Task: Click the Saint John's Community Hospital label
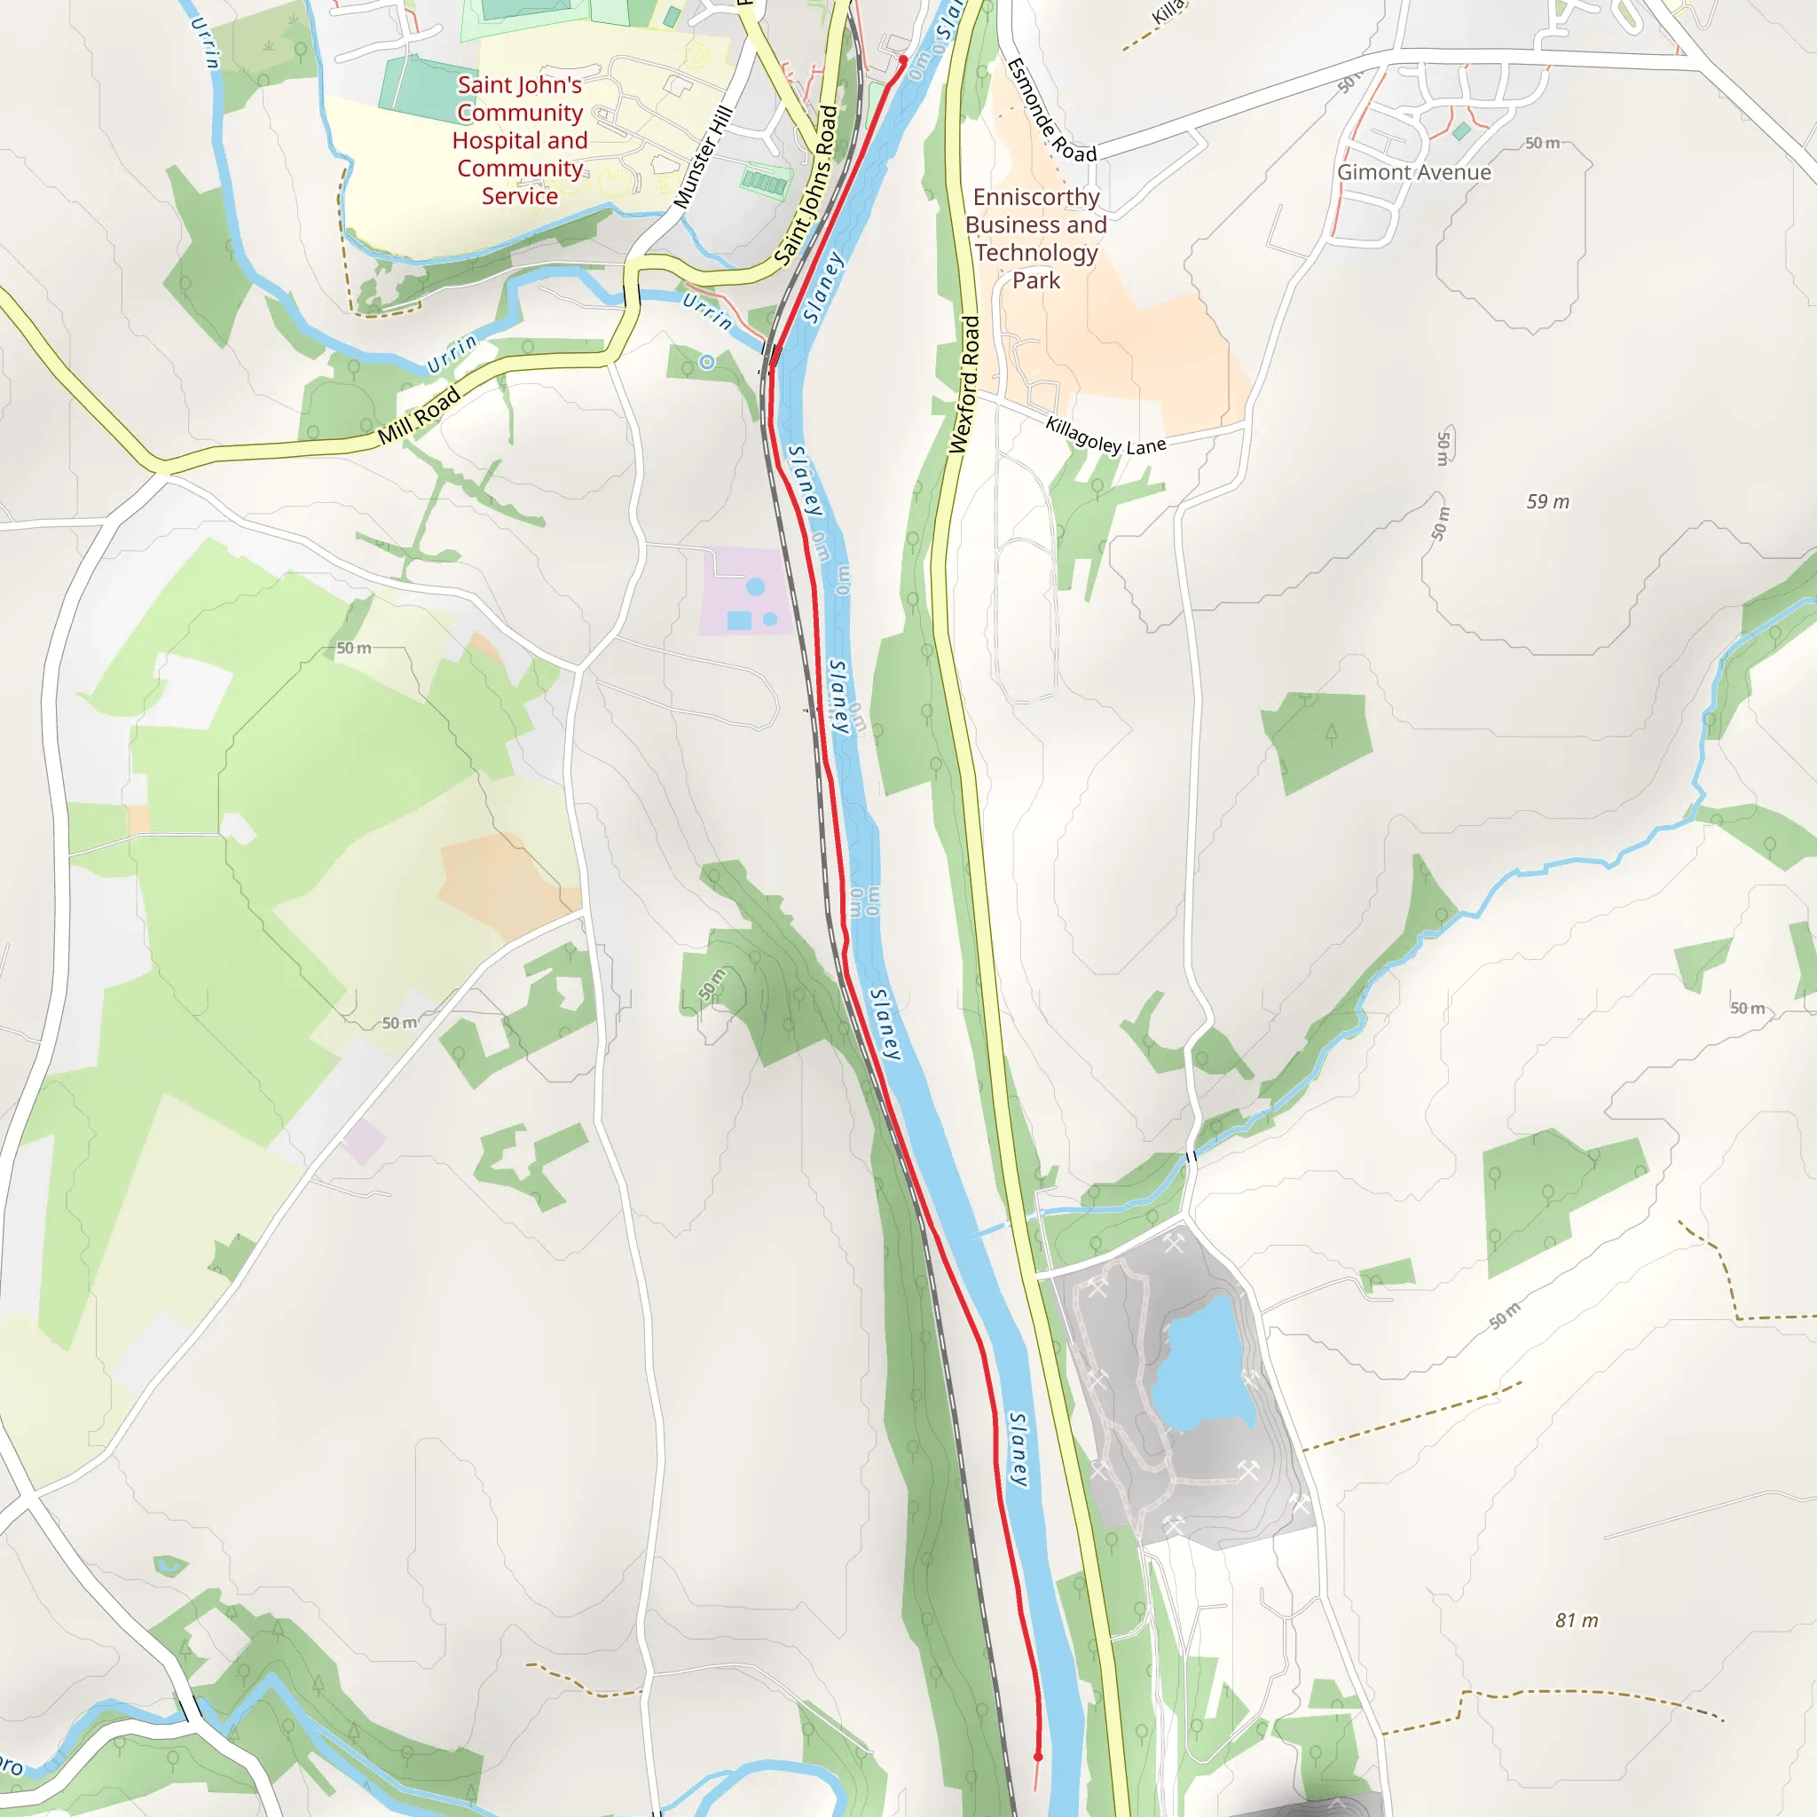(519, 140)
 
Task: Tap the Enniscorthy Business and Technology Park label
(1035, 239)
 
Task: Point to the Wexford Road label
(965, 385)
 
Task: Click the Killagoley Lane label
(1105, 437)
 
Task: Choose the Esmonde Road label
(1050, 111)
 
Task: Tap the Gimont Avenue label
(1413, 172)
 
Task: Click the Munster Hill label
(703, 158)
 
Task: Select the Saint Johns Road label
(806, 185)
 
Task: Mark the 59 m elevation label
(1547, 501)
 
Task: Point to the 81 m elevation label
(1577, 1619)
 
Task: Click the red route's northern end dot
(903, 60)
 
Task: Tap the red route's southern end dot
(1038, 1756)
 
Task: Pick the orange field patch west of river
(503, 884)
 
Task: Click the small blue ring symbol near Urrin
(707, 362)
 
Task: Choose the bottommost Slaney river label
(1019, 1448)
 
